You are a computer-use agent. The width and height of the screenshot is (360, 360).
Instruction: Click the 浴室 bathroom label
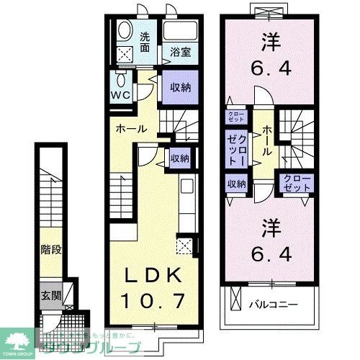[x=180, y=52]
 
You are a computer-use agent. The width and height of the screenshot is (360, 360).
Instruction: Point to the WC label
[x=120, y=94]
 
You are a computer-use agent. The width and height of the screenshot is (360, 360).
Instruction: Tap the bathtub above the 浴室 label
[x=179, y=31]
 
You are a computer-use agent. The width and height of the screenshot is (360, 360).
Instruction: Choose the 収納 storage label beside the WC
[x=180, y=87]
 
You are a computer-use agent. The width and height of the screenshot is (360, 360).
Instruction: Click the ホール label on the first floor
[x=132, y=129]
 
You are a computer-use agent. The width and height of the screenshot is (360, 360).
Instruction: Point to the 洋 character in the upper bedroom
[x=271, y=41]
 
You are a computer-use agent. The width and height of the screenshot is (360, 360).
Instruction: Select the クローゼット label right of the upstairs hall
[x=297, y=183]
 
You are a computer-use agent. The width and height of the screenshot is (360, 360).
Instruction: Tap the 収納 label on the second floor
[x=237, y=184]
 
